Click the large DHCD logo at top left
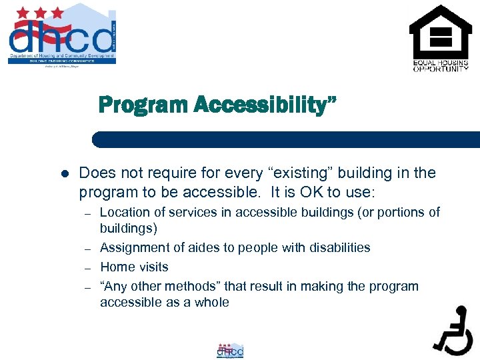(x=61, y=35)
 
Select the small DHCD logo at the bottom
(x=231, y=351)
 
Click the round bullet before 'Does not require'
(x=65, y=174)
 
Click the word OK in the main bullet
(x=303, y=193)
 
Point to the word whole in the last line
(x=212, y=303)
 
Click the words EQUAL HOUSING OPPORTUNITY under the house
(x=440, y=66)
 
